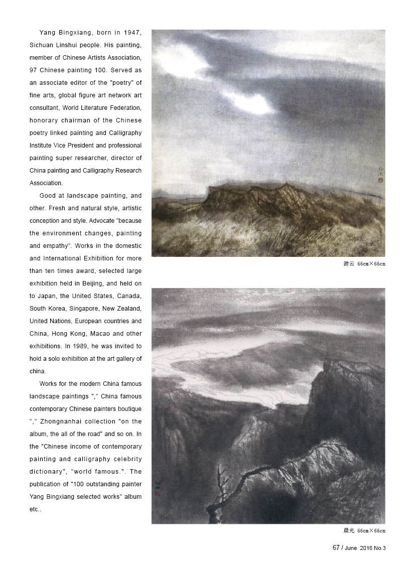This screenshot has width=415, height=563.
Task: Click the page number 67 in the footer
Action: point(336,548)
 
